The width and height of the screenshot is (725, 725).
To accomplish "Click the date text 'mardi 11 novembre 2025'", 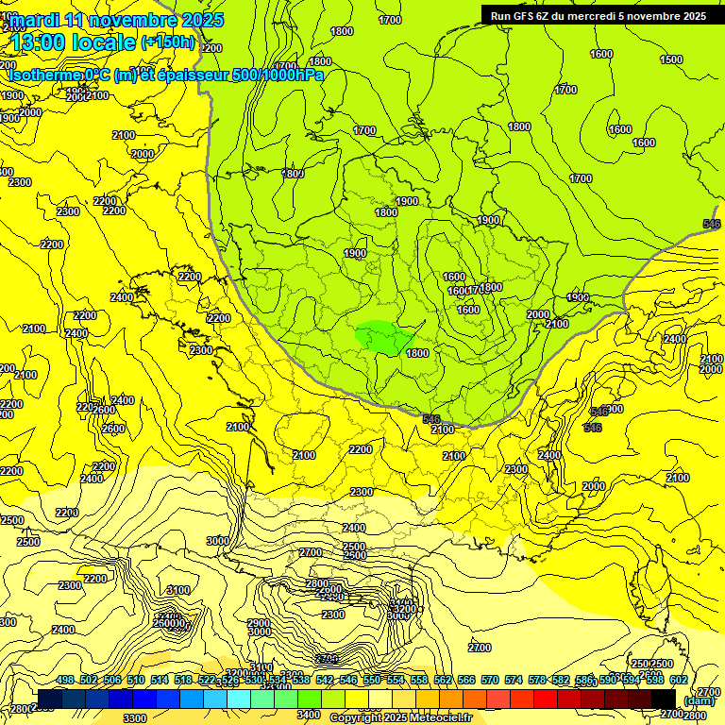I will point(116,19).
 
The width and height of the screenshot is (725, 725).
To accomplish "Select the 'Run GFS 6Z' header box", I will point(598,15).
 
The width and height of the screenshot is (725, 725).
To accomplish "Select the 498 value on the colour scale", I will point(65,680).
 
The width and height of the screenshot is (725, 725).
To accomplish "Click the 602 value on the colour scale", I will point(679,680).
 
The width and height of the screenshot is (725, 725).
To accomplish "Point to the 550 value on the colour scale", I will point(372,680).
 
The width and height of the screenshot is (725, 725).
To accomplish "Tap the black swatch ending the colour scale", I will point(664,700).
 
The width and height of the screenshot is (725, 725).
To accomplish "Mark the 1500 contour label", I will point(671,59).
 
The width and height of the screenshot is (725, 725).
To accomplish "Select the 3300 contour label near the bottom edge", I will point(135,717).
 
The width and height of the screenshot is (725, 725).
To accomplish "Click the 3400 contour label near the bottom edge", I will point(308,715).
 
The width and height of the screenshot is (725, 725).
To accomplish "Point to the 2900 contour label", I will point(259,623).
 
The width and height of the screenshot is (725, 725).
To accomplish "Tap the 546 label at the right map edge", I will point(712,224).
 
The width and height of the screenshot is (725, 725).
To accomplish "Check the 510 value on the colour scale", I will point(136,680).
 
